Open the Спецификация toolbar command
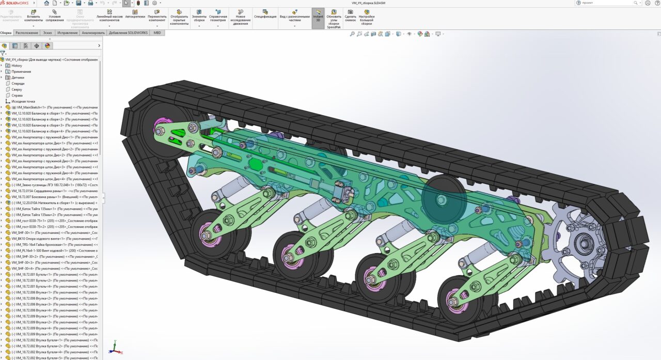tap(265, 14)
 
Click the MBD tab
tap(157, 33)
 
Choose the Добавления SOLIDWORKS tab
tap(128, 33)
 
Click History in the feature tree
tap(17, 66)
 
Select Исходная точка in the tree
tap(23, 101)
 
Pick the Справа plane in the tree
tap(17, 95)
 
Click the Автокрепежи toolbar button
tap(135, 14)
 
